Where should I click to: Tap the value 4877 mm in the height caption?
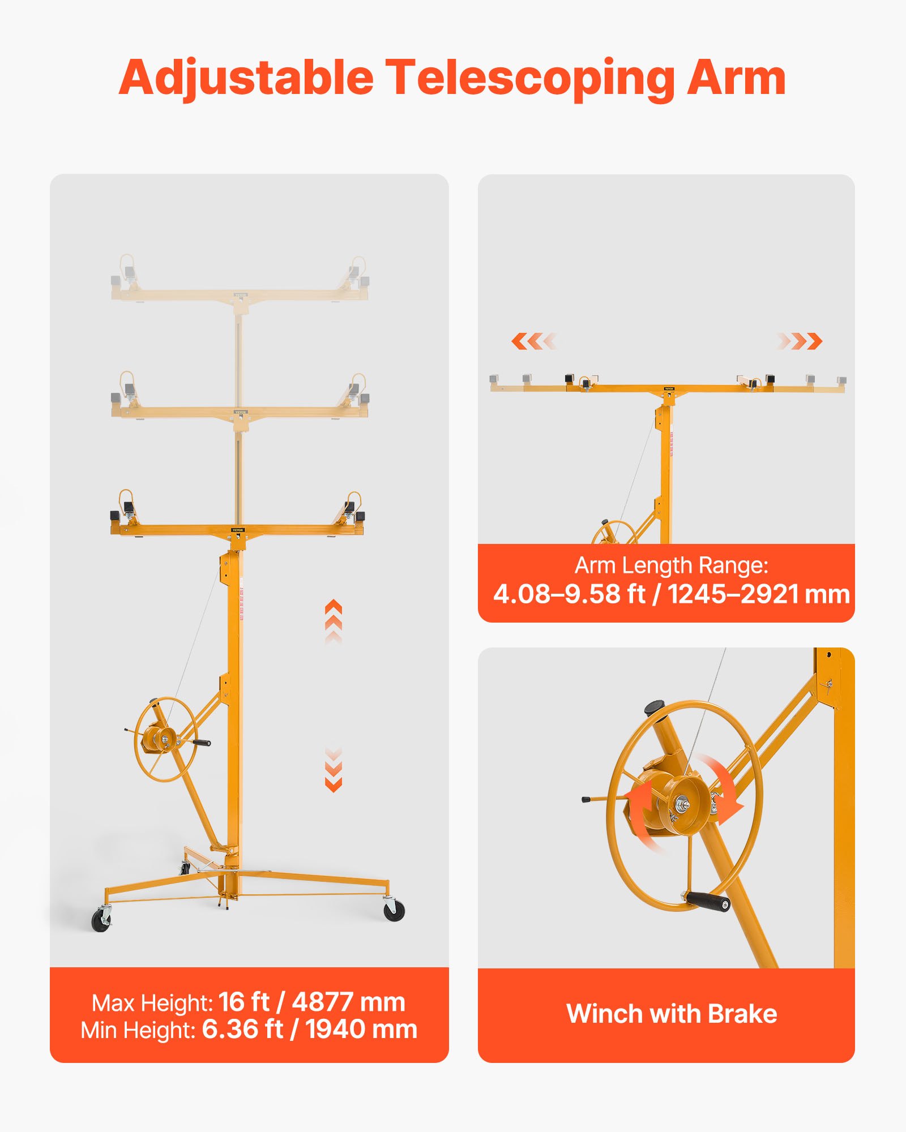pyautogui.click(x=348, y=1002)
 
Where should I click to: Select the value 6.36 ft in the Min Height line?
pyautogui.click(x=242, y=1029)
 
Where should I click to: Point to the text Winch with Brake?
pyautogui.click(x=672, y=1014)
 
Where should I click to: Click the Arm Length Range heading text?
pyautogui.click(x=672, y=565)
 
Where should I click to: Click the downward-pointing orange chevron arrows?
pyautogui.click(x=334, y=770)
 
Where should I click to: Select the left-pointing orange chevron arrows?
pyautogui.click(x=533, y=341)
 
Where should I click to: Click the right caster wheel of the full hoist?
pyautogui.click(x=394, y=911)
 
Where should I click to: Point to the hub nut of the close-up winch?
pyautogui.click(x=680, y=803)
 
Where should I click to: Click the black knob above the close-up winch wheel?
pyautogui.click(x=655, y=707)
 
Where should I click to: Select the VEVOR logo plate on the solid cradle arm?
pyautogui.click(x=238, y=530)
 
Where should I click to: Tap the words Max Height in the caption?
pyautogui.click(x=152, y=1003)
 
